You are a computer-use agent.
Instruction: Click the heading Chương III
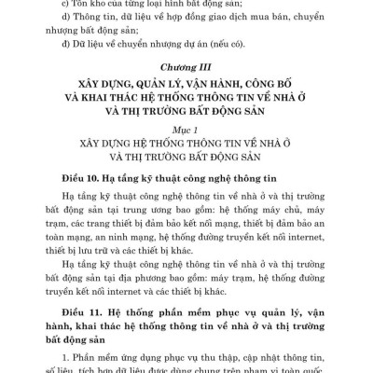(185, 94)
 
